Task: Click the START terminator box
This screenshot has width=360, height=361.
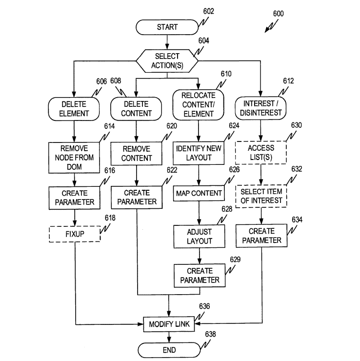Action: (167, 27)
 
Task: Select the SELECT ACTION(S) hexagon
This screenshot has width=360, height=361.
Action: (167, 61)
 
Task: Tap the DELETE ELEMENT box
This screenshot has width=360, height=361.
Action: (75, 109)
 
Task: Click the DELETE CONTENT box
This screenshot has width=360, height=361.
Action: (136, 109)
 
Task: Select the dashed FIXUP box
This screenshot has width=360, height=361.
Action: (75, 234)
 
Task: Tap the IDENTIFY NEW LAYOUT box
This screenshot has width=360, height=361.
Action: (199, 153)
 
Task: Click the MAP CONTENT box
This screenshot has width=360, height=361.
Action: (199, 193)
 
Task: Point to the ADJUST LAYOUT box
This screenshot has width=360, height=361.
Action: (199, 236)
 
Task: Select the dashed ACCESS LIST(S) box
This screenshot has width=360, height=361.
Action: (261, 153)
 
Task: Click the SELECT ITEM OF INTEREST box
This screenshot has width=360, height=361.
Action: (261, 196)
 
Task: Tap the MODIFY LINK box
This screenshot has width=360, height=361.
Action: (168, 324)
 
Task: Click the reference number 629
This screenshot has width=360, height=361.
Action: (235, 260)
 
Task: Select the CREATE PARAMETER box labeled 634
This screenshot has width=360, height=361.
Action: (261, 236)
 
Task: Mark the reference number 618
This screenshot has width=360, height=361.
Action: (110, 219)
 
